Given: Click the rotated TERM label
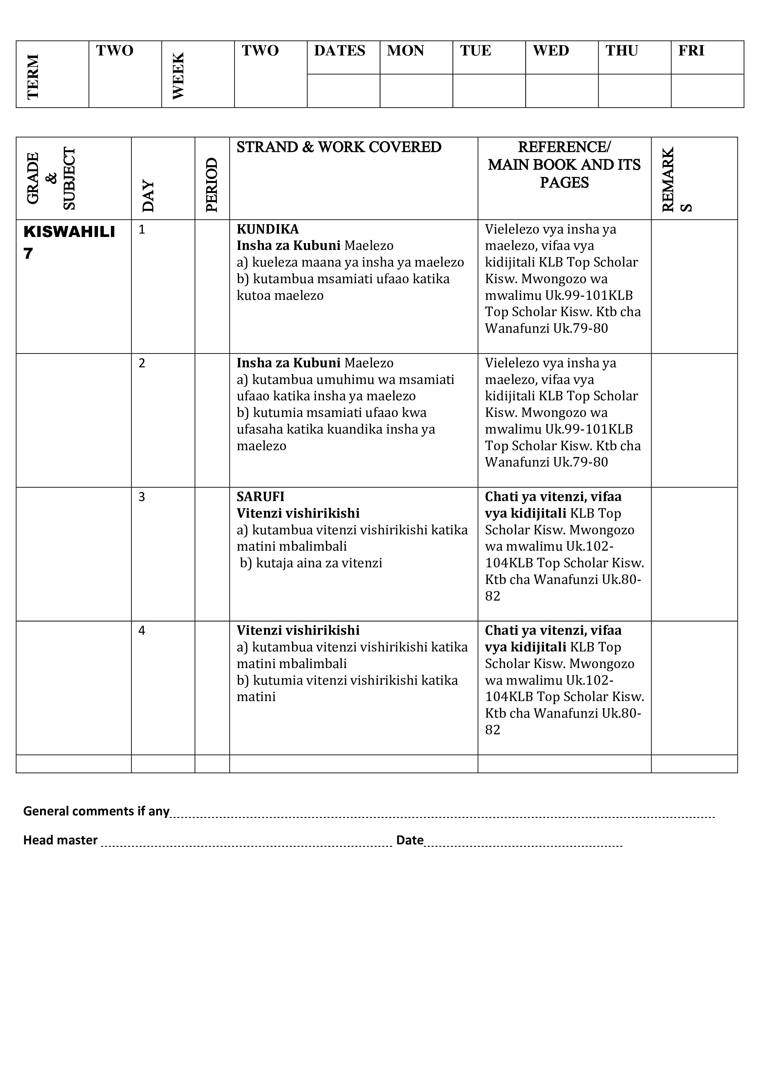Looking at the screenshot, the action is (33, 76).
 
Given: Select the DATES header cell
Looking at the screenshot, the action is (339, 51).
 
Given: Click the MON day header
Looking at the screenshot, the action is (405, 51).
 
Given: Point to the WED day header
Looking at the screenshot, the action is (551, 51).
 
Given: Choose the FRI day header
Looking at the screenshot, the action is (691, 51).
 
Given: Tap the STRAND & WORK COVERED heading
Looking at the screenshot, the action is (339, 147).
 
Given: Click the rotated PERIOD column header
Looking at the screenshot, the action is (212, 185).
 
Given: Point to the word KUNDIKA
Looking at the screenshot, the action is (267, 229).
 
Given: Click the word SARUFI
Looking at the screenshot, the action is (260, 497).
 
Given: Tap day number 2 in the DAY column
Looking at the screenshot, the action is (142, 363).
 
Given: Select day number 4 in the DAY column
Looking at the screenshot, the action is (142, 630).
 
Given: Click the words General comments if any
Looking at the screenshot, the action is (96, 811).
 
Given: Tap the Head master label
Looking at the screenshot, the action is (60, 840).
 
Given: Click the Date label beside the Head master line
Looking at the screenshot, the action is (409, 840).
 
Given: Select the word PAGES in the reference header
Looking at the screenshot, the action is (564, 183).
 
